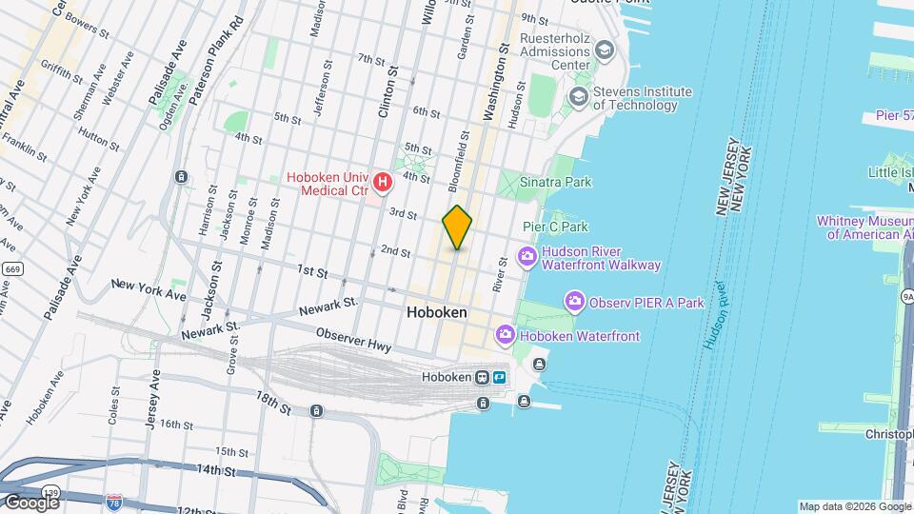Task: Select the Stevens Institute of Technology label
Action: pos(642,98)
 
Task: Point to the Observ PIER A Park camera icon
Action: pos(574,303)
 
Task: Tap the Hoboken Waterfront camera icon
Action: pos(505,335)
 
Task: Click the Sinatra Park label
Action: pos(556,182)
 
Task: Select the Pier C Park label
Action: pos(555,227)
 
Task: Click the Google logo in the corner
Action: pos(31,502)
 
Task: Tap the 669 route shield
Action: pos(10,269)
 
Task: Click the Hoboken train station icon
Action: pos(483,377)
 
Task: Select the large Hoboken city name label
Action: pos(436,312)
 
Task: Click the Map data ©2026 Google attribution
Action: pos(854,506)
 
